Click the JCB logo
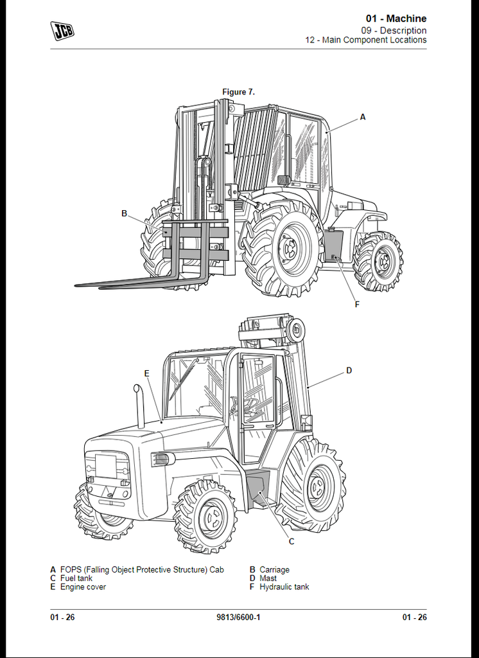(62, 31)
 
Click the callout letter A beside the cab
(363, 117)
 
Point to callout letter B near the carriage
(124, 213)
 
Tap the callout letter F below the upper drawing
(357, 305)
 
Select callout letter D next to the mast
(349, 371)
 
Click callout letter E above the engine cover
(146, 373)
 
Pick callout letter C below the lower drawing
(292, 542)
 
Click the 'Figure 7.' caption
(238, 92)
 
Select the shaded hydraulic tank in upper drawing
(334, 246)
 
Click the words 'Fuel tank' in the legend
(76, 578)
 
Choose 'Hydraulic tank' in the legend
(284, 587)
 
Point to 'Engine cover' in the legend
(83, 587)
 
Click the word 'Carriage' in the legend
(274, 570)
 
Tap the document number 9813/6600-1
(238, 618)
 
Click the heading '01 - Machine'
(396, 19)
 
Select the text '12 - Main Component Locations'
(366, 40)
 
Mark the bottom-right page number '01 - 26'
(414, 618)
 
